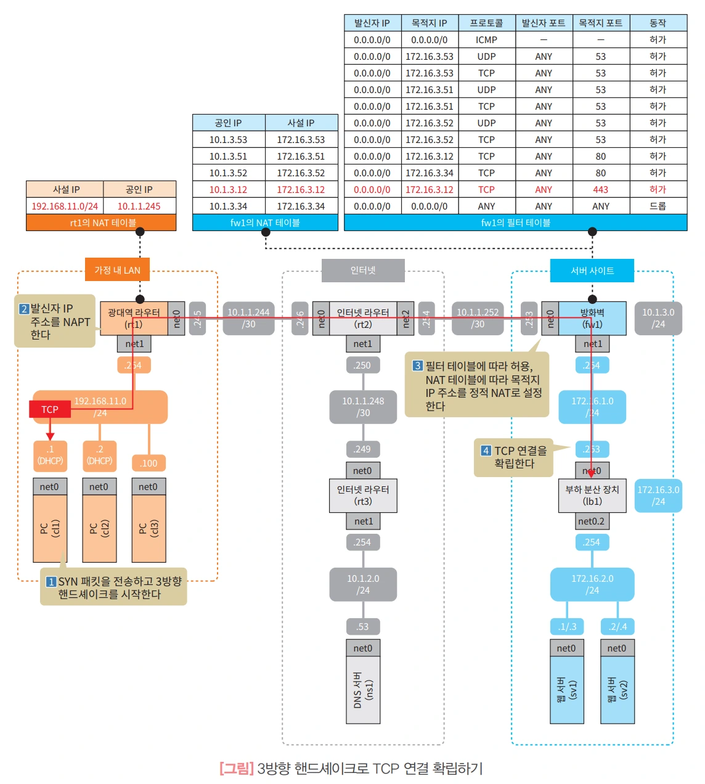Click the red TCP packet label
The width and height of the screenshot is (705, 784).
50,409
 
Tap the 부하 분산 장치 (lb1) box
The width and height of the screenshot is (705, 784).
592,496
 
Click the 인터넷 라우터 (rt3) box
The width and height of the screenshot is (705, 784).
363,496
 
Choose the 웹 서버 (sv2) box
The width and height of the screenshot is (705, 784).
617,690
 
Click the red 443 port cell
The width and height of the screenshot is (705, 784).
601,190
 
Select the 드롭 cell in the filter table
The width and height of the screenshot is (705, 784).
658,206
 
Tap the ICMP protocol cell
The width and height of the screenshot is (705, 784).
486,40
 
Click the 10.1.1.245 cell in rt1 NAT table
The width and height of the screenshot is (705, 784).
139,206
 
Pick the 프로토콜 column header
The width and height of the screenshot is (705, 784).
486,23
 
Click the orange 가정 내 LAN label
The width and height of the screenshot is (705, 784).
117,271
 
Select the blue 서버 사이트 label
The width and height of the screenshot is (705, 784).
592,271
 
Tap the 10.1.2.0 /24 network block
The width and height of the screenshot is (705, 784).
363,584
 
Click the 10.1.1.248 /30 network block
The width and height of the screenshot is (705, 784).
363,407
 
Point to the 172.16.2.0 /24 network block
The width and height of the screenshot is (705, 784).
592,584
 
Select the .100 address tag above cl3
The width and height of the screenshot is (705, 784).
149,463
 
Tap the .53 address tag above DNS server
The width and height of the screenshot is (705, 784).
362,627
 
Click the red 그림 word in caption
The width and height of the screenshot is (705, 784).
237,769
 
